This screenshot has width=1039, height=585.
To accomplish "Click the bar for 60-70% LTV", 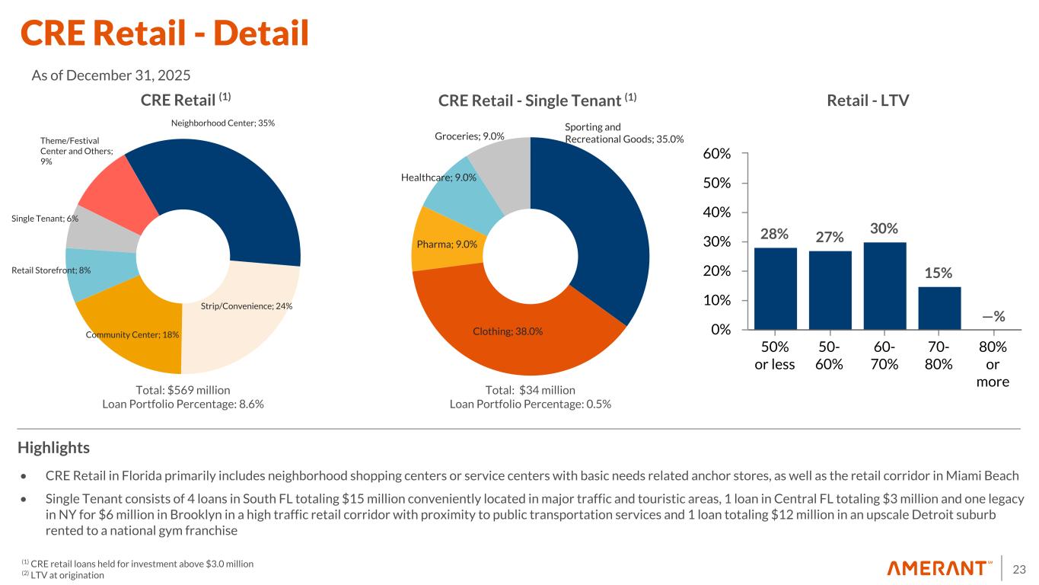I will point(884,286).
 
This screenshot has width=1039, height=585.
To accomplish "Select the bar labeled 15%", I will point(939,308).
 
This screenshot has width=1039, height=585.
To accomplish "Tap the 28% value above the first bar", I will point(775,233).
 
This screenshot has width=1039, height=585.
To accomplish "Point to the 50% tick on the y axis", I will point(720,183).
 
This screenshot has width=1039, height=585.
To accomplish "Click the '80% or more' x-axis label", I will point(993,364).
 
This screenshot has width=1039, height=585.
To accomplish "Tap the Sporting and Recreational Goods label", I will point(623,133).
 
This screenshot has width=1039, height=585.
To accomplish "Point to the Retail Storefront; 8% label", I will point(51,270).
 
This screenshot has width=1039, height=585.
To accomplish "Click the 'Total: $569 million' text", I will point(183,389).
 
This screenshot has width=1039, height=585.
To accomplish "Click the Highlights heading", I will point(53,447).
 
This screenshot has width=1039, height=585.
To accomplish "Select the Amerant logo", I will point(940,568).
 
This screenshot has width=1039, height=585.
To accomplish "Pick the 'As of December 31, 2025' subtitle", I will point(110,75).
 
